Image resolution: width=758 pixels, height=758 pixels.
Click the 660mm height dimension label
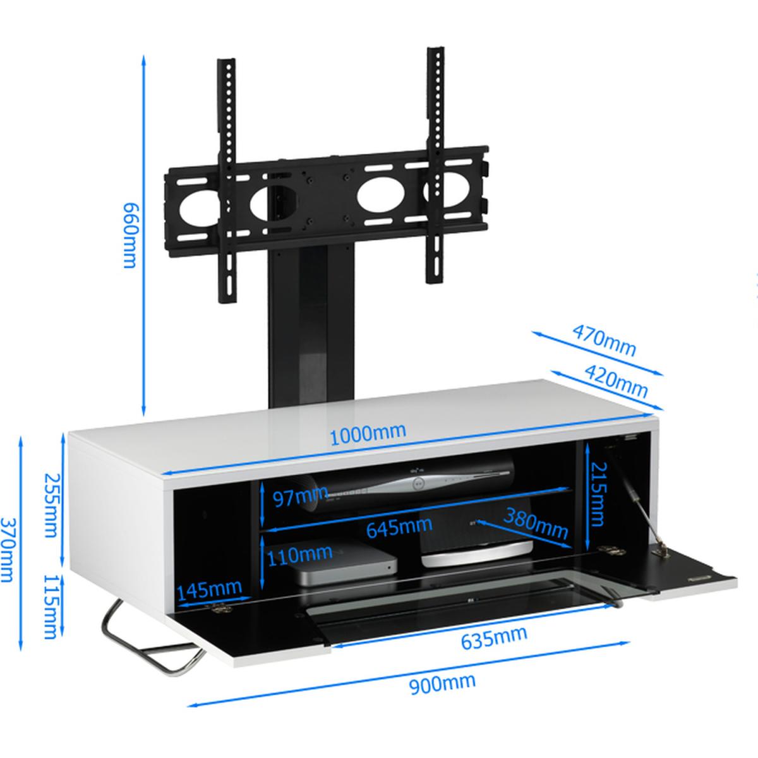pyautogui.click(x=130, y=235)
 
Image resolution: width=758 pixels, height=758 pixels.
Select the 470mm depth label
pyautogui.click(x=604, y=340)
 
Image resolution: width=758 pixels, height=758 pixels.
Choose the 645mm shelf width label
pyautogui.click(x=399, y=527)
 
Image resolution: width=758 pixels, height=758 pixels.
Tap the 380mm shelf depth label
pyautogui.click(x=536, y=524)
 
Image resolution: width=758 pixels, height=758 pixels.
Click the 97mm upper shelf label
pyautogui.click(x=301, y=497)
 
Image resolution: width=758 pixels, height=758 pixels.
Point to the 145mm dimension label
pyautogui.click(x=209, y=589)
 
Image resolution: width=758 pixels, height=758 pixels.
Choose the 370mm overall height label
pyautogui.click(x=7, y=550)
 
